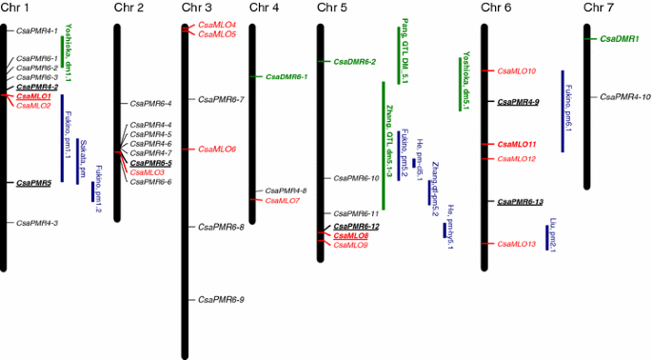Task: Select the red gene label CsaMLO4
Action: [217, 25]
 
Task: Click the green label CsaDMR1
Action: [620, 39]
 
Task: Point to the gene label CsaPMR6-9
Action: [221, 299]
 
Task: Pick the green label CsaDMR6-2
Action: [354, 62]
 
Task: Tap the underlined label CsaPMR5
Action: [33, 182]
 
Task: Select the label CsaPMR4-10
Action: [626, 96]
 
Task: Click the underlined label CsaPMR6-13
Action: [521, 202]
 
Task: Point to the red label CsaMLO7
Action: [281, 201]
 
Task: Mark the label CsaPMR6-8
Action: [221, 227]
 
